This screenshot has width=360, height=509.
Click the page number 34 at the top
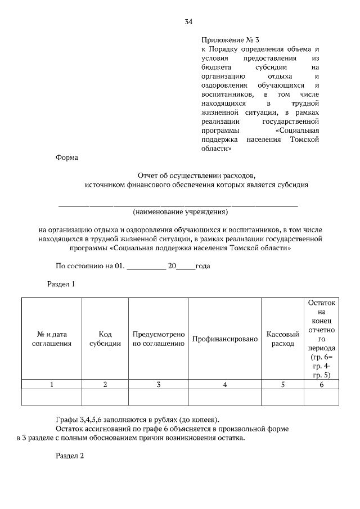coord(188,22)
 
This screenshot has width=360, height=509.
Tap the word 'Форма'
coord(66,158)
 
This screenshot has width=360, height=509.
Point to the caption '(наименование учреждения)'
coord(180,213)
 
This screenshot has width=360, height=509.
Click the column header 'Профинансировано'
coord(224,339)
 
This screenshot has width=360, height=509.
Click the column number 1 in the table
coord(52,385)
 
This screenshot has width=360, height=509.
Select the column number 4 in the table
coord(224,385)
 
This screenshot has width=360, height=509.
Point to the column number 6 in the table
coord(321,385)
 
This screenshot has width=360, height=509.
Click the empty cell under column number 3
coord(159,397)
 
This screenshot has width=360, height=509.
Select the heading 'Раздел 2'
coord(69,456)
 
